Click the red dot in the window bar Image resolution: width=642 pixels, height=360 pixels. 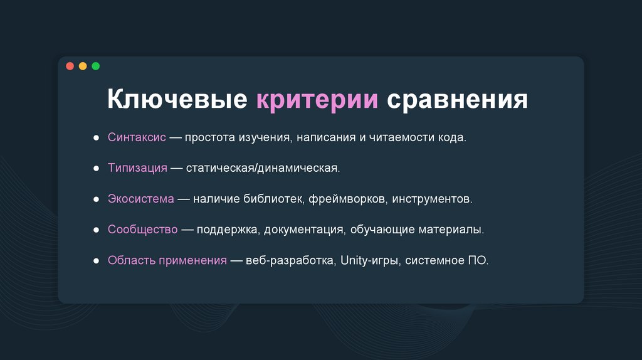[70, 66]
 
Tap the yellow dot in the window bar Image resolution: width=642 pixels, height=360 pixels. [83, 66]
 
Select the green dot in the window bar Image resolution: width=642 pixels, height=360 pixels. [95, 66]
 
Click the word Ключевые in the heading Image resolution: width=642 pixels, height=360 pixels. [177, 101]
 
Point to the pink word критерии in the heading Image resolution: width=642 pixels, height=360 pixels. [317, 101]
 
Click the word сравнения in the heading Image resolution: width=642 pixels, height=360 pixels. [457, 101]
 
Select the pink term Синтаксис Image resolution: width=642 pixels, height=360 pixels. [137, 137]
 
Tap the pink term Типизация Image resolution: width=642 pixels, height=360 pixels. [137, 168]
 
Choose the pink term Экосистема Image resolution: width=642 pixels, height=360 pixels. [140, 199]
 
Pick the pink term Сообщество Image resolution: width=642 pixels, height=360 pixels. [143, 230]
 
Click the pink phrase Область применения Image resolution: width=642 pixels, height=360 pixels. [167, 260]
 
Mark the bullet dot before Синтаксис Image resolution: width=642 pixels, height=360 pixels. [96, 137]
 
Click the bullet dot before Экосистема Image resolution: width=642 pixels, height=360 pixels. [96, 199]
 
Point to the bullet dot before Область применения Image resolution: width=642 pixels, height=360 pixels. [96, 260]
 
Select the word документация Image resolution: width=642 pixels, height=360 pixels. [303, 230]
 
